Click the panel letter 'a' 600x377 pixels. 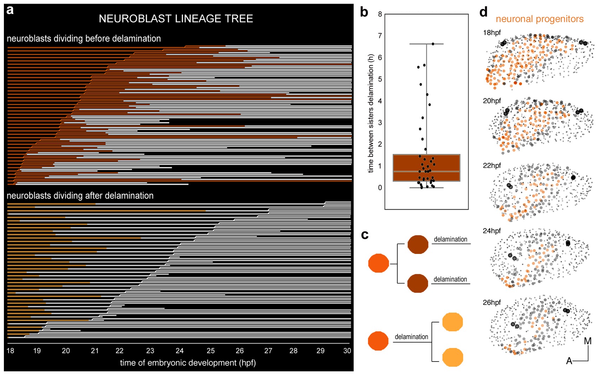coord(10,10)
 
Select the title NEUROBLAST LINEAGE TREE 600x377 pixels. coord(176,19)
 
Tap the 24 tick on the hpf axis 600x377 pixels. coord(180,351)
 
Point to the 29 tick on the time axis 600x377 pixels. coord(320,351)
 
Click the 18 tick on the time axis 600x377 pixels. coord(11,351)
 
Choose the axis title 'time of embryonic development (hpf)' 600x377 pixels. coord(188,363)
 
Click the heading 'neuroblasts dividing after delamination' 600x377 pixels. coord(80,196)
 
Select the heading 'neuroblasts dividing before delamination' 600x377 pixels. coord(84,38)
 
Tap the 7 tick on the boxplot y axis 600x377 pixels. coord(380,36)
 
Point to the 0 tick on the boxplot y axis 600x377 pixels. coord(380,188)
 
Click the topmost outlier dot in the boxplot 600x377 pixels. coord(433,44)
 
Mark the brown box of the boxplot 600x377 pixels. coord(426,168)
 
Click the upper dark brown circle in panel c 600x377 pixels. coord(418,244)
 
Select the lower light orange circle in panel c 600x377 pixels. coord(452,357)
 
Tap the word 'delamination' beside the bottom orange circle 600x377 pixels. coord(411,337)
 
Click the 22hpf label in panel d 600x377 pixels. coord(492,166)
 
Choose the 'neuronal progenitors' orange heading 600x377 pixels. coord(539,19)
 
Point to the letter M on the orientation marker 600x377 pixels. coord(587,341)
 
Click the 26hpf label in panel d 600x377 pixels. coord(492,302)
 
